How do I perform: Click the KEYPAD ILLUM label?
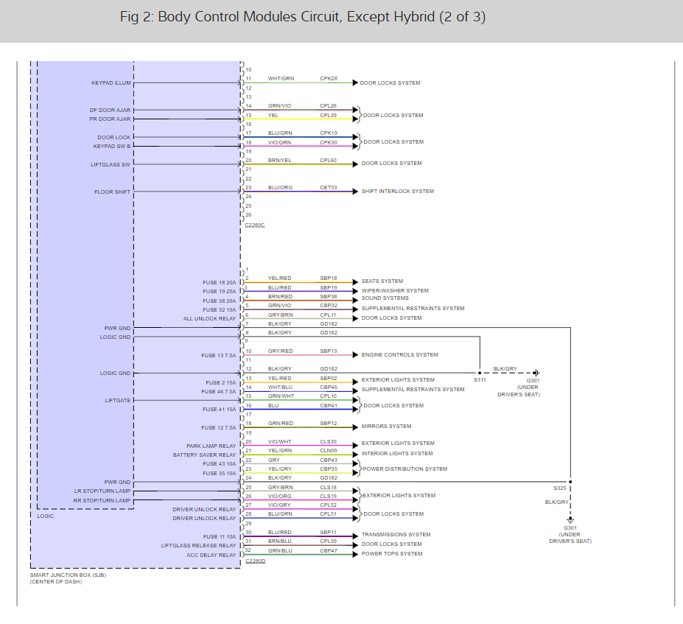pyautogui.click(x=111, y=83)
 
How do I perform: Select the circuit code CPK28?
pyautogui.click(x=328, y=78)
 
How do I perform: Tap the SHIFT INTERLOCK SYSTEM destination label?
pyautogui.click(x=397, y=192)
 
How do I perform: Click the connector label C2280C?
pyautogui.click(x=254, y=224)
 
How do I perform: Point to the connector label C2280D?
pyautogui.click(x=254, y=561)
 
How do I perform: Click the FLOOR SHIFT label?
pyautogui.click(x=112, y=192)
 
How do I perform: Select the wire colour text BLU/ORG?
pyautogui.click(x=280, y=187)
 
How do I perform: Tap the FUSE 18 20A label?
pyautogui.click(x=220, y=283)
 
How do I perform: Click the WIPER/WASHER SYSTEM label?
pyautogui.click(x=394, y=290)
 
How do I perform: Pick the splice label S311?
pyautogui.click(x=480, y=380)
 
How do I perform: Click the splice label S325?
pyautogui.click(x=560, y=488)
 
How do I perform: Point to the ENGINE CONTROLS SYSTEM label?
pyautogui.click(x=399, y=355)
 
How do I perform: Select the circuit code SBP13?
pyautogui.click(x=328, y=351)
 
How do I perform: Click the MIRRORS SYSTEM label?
pyautogui.click(x=386, y=427)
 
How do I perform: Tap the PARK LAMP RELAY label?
pyautogui.click(x=211, y=446)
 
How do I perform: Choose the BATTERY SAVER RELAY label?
pyautogui.click(x=204, y=455)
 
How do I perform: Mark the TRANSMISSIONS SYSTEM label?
pyautogui.click(x=396, y=535)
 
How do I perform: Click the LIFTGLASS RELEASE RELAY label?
pyautogui.click(x=199, y=546)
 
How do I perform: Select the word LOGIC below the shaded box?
pyautogui.click(x=46, y=516)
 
